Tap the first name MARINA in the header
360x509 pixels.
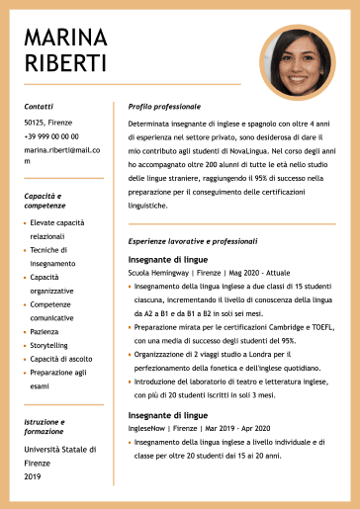(x=65, y=38)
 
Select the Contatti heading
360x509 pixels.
(x=39, y=105)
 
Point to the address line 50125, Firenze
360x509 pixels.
(x=48, y=124)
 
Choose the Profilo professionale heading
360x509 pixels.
(x=164, y=105)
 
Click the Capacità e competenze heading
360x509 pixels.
(x=45, y=202)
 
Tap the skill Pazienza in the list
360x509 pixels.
(x=45, y=332)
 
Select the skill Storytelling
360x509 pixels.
(x=49, y=346)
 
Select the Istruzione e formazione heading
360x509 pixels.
(x=45, y=427)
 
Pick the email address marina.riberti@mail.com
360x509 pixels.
(x=62, y=155)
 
